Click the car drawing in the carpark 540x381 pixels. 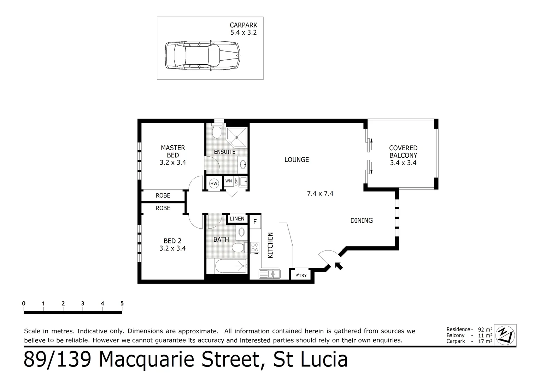click(203, 55)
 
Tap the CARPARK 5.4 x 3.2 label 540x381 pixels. click(243, 29)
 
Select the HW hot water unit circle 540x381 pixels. click(213, 183)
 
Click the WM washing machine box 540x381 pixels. click(229, 181)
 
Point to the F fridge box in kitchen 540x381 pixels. click(255, 222)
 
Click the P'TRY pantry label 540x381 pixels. click(301, 276)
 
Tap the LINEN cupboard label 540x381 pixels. click(237, 219)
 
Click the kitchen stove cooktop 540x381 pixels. click(255, 248)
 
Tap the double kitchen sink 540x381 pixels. click(269, 274)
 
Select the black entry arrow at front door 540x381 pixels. click(339, 266)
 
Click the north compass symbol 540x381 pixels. click(505, 335)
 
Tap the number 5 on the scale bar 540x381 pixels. click(122, 303)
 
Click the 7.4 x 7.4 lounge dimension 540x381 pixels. click(320, 193)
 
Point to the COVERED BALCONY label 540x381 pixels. click(403, 155)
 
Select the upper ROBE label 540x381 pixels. click(163, 195)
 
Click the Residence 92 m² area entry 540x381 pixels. click(469, 329)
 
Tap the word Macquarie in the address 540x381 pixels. click(178, 360)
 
